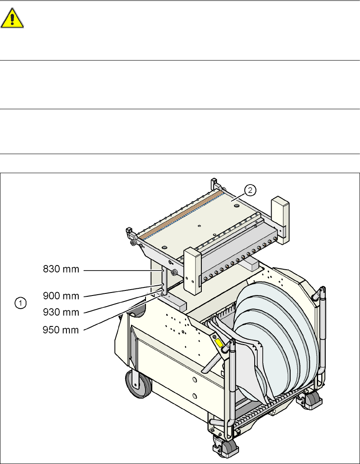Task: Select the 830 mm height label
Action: pos(61,270)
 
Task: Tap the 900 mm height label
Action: pos(61,296)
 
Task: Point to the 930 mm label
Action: pos(61,313)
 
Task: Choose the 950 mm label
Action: pos(61,330)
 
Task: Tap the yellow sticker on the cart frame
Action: pos(220,343)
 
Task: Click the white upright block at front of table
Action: pos(193,271)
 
